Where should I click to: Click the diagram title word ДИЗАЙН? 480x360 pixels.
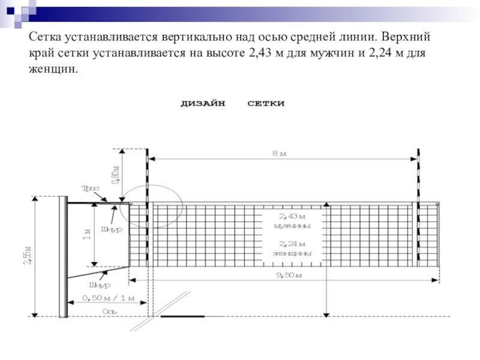[203, 104]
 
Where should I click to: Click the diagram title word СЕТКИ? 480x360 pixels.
[266, 104]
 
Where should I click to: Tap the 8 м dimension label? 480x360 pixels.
[280, 154]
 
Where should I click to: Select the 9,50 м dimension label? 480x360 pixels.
[289, 275]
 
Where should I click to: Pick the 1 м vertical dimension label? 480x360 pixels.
[86, 235]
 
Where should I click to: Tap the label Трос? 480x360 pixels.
[91, 188]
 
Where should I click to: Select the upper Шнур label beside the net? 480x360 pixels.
[112, 229]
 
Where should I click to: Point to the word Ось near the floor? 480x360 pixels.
[109, 311]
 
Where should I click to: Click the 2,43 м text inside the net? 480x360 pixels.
[292, 215]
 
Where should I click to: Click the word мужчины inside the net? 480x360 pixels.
[292, 226]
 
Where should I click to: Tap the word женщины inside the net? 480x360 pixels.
[292, 253]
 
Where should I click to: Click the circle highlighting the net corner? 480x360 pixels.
[154, 206]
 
